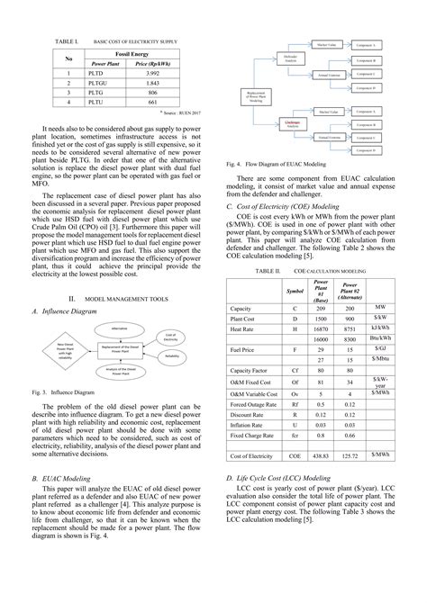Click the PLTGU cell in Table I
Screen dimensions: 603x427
(113, 83)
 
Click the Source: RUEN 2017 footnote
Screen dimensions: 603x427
(179, 114)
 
